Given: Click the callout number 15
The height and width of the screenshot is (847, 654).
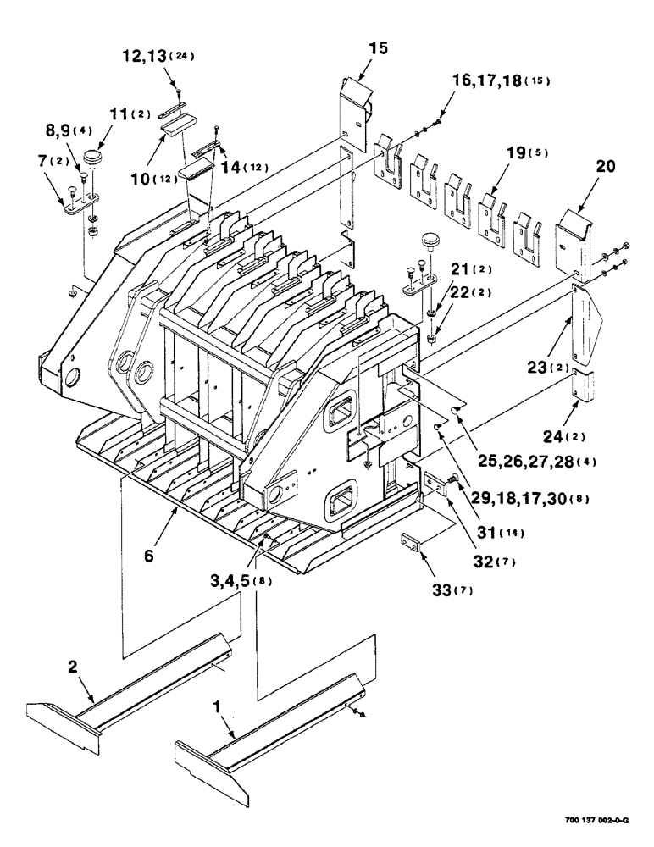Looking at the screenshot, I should click(x=378, y=48).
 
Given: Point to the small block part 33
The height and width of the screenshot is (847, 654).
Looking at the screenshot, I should click(x=413, y=541).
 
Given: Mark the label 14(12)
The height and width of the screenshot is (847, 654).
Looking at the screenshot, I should click(x=245, y=168).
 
